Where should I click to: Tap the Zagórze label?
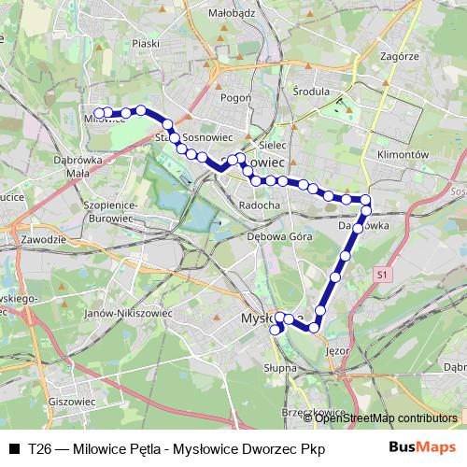[x=400, y=56]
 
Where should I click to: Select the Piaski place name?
[x=146, y=43]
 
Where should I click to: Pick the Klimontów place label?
[x=403, y=154]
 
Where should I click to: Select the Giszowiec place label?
[x=76, y=401]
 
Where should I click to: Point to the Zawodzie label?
[x=42, y=240]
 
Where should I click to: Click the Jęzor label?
[x=339, y=352]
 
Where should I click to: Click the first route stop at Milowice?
[x=97, y=113]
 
